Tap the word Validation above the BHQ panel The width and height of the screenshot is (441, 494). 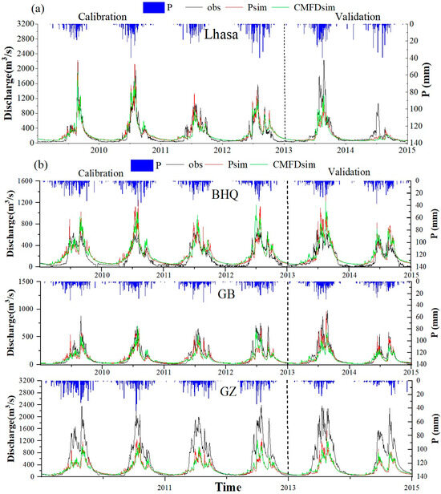click(347, 172)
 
